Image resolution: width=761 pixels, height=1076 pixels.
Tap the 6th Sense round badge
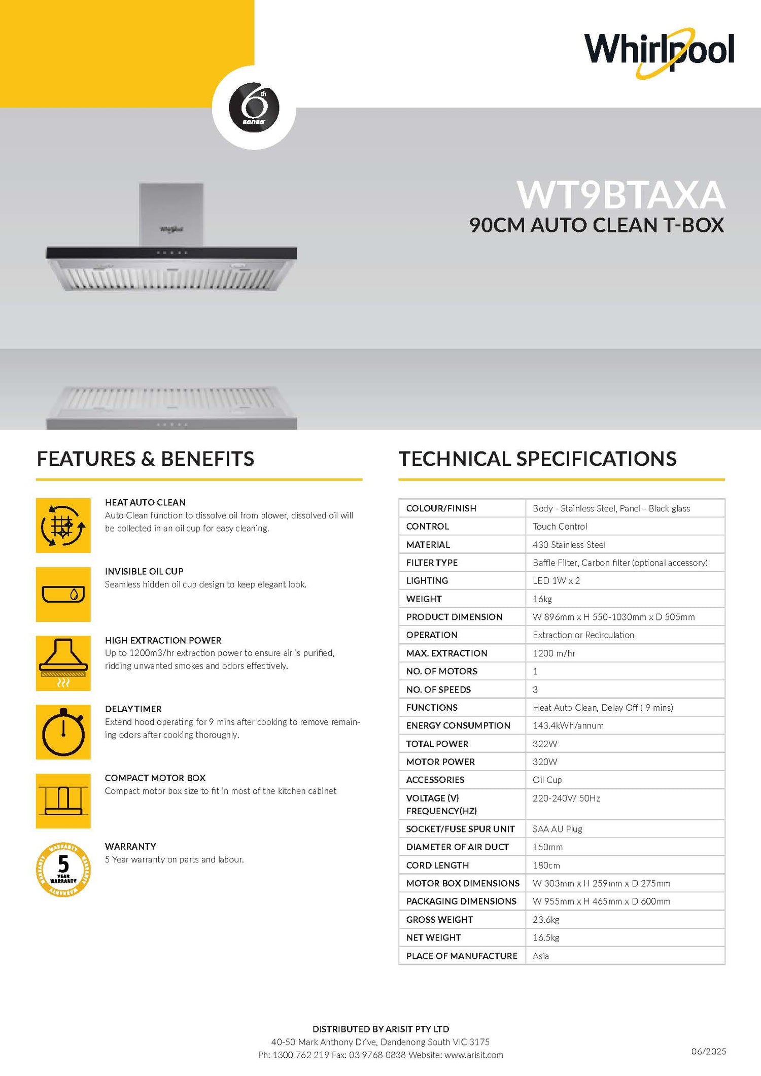(254, 107)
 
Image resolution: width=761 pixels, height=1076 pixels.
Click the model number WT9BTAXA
(621, 195)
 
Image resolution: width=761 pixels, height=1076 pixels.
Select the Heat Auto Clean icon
(63, 526)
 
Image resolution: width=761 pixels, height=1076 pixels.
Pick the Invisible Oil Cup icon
(63, 595)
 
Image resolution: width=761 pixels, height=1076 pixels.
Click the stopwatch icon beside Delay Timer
(63, 732)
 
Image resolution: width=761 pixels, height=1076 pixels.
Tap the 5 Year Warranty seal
(63, 870)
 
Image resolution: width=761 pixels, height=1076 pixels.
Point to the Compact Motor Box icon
(63, 801)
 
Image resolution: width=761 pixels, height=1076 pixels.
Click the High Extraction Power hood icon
(63, 663)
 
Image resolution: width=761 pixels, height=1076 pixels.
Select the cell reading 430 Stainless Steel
(569, 545)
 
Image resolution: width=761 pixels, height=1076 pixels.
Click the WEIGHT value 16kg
(542, 599)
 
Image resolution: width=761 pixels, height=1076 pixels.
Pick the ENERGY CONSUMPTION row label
(458, 725)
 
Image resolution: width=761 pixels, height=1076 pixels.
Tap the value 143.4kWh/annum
(568, 725)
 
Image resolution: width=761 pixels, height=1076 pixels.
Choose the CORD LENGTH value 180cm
(546, 865)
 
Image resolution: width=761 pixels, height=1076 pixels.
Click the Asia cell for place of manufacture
(540, 956)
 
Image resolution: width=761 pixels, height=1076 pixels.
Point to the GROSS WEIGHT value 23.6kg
(545, 920)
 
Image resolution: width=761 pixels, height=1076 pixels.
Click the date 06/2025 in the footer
(708, 1051)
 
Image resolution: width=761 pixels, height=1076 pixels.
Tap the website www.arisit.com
(474, 1055)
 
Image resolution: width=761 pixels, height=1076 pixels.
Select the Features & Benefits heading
(146, 459)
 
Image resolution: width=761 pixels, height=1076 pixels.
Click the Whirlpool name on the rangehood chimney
(171, 229)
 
